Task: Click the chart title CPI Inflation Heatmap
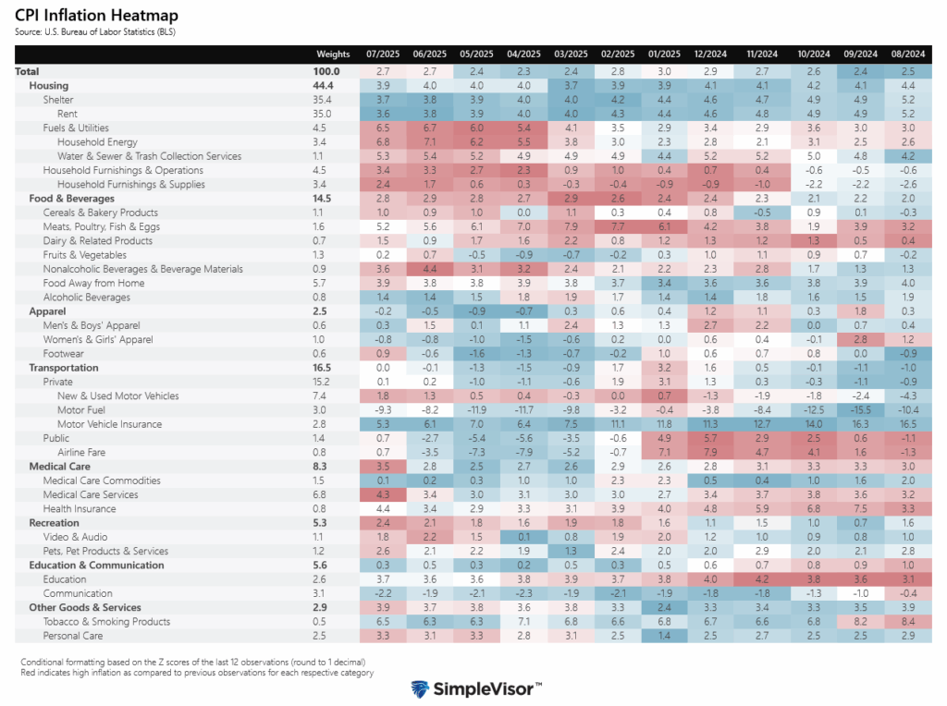tap(97, 16)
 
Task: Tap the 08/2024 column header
tap(908, 54)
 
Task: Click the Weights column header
tap(333, 54)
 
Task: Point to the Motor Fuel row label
tap(84, 410)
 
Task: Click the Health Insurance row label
tap(81, 509)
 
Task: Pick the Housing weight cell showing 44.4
tap(323, 86)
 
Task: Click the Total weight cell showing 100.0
tap(326, 71)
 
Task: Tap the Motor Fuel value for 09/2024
tap(860, 410)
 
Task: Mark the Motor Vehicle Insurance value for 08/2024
tap(908, 424)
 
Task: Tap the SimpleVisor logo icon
tap(421, 689)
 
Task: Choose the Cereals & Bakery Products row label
tap(102, 213)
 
